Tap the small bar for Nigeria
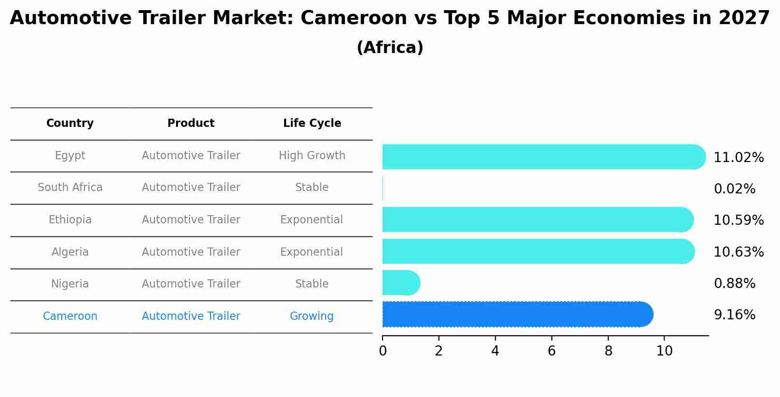(401, 283)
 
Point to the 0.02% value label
(734, 189)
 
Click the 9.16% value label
(734, 315)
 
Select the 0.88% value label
(734, 284)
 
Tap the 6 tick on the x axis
(551, 351)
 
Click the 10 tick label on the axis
(664, 351)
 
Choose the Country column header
(70, 123)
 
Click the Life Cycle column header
(312, 123)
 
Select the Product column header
(191, 123)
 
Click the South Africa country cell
(70, 188)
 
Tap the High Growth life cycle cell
(312, 156)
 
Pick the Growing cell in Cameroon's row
(312, 316)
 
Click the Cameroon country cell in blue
(70, 316)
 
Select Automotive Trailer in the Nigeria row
(191, 284)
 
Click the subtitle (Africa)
(390, 48)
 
